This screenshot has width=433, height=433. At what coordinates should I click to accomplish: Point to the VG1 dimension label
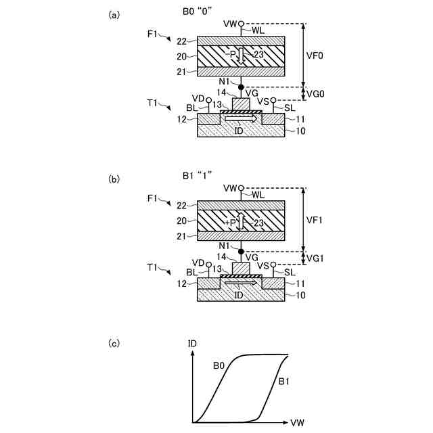coord(316,258)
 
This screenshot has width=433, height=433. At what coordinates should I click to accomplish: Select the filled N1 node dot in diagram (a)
coord(242,87)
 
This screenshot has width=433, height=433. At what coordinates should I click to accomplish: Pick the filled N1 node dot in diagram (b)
coord(242,251)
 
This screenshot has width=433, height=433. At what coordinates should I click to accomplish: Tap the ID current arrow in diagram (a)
coord(242,118)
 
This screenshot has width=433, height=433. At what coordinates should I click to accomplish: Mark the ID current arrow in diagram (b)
coord(242,282)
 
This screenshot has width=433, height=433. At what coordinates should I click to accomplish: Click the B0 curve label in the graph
coord(219,366)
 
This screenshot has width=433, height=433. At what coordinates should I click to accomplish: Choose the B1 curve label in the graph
coord(285,382)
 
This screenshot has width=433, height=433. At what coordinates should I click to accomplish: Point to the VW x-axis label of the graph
coord(298,423)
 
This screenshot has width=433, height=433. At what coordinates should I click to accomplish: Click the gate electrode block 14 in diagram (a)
coord(242,104)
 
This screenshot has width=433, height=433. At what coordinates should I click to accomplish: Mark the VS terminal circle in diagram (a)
coord(273,101)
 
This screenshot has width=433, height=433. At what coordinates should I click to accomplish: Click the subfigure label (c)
coord(114,343)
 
